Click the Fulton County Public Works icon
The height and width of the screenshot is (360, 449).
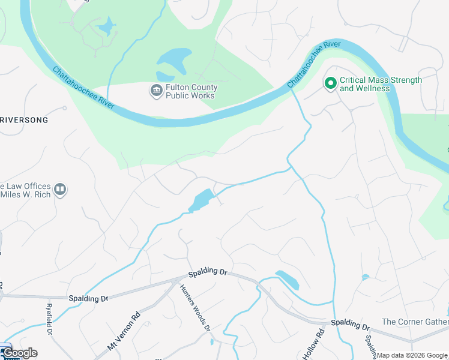[156, 91]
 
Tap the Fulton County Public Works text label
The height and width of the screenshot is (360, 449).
[191, 91]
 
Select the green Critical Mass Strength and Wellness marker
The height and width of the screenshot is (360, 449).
[330, 83]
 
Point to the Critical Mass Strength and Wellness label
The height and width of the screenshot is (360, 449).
[381, 84]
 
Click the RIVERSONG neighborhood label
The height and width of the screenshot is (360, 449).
[24, 120]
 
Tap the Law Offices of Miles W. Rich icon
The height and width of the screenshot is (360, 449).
[59, 190]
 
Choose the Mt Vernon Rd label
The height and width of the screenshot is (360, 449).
[123, 331]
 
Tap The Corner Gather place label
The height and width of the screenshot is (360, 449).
[415, 322]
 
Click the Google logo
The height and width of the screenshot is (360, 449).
[20, 353]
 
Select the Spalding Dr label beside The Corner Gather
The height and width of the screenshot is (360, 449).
[350, 325]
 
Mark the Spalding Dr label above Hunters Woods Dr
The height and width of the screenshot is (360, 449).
[208, 273]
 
